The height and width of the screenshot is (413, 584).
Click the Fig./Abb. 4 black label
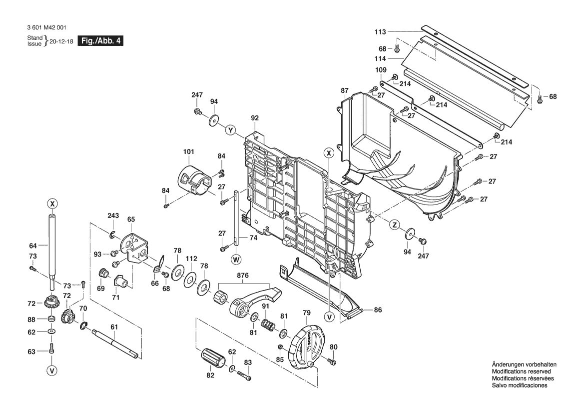point(100,41)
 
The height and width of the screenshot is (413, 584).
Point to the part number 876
point(243,275)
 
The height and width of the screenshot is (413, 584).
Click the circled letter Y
point(230,130)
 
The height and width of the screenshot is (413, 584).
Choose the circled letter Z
point(395,225)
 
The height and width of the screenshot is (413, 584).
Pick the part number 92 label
point(255,118)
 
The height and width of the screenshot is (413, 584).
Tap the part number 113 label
point(380,32)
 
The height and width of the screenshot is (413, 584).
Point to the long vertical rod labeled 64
point(52,247)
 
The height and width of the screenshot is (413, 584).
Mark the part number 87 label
point(345,90)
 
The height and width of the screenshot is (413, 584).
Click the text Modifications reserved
point(521,371)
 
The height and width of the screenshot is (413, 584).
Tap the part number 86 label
point(378,310)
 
